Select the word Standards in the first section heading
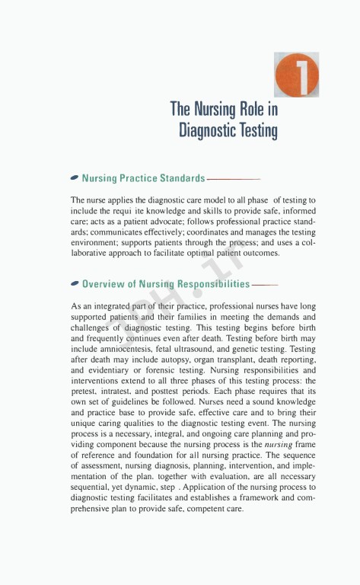point(177,178)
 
